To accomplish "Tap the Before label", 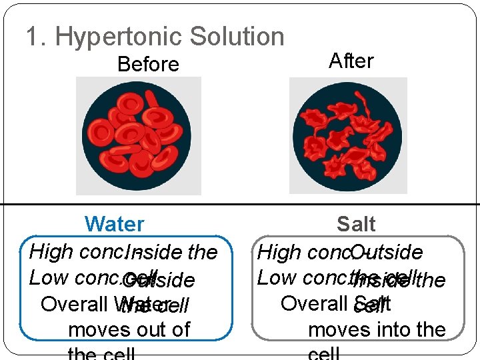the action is click(148, 65).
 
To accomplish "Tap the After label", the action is click(351, 61).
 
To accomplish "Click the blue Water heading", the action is click(115, 225).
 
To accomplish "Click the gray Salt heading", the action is click(356, 225).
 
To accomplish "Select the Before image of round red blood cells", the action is click(139, 135).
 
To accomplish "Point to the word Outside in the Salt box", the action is click(386, 253).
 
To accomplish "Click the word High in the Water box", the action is click(50, 252).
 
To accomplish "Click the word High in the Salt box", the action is click(277, 253).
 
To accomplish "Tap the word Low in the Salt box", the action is click(275, 278).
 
